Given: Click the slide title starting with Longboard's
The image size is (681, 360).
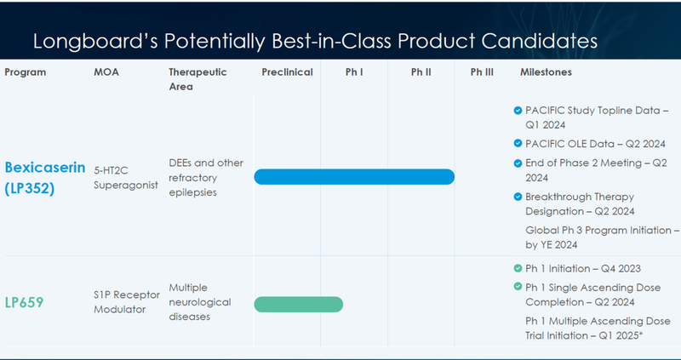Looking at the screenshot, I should pos(314,41).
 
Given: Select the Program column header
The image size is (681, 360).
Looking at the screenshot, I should pos(26,72).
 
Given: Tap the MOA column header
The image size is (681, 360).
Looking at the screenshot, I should pos(106,72).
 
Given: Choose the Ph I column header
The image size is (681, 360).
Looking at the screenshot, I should pos(354,72).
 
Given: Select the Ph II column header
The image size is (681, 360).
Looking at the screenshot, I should pos(421,72).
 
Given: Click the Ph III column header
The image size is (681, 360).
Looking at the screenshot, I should pos(482,72).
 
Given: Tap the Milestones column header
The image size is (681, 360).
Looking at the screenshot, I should pos(546,72).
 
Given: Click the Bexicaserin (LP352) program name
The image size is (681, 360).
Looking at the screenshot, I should pos(44,177).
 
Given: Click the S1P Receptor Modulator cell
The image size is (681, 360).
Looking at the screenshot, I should pos(126,303).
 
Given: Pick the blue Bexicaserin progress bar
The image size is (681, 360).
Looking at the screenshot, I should pos(354,176).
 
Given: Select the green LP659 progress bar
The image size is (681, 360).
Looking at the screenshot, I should pos(298,304).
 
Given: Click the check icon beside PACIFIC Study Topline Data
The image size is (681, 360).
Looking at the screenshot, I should pos(518,111).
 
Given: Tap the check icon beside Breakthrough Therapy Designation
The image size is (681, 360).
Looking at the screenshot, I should pos(518,197).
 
